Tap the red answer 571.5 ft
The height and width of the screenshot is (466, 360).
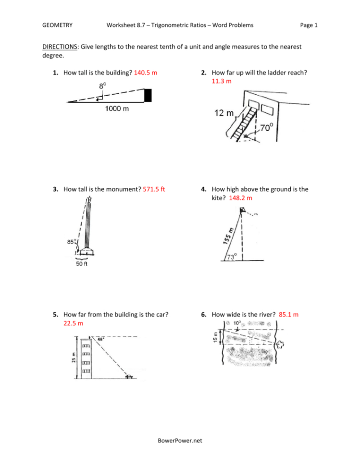(154, 189)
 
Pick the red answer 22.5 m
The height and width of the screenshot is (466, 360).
(73, 323)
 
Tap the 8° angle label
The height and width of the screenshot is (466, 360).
(103, 86)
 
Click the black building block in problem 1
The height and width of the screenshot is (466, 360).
(148, 95)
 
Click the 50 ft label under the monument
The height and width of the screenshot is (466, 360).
(81, 266)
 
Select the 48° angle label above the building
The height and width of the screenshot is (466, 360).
(100, 338)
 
